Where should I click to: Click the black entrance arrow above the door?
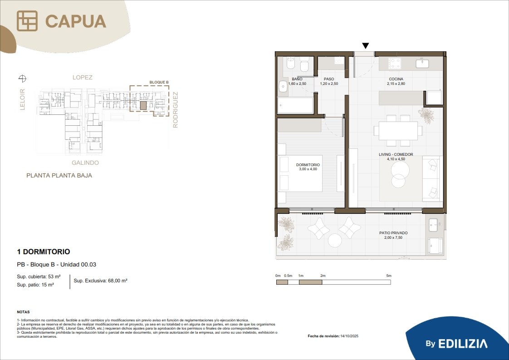coord(366,46)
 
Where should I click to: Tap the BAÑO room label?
coord(297,79)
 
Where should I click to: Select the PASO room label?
coord(329,79)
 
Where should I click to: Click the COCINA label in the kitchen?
coord(396,79)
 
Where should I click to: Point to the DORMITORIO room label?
coord(308,165)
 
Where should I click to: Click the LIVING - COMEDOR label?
coord(396,154)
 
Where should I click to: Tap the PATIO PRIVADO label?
coord(393,233)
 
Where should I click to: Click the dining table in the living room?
coord(398,131)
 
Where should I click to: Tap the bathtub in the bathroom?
coord(295,105)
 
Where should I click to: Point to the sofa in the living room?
coord(431,178)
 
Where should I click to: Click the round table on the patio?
coord(335,241)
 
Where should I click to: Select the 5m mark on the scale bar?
coord(389,276)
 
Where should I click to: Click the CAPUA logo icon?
coord(27,21)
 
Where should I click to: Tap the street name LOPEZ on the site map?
coord(83,77)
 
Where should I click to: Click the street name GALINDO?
coord(85,163)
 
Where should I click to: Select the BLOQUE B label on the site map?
coord(159,83)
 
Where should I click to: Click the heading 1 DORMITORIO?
coord(44,252)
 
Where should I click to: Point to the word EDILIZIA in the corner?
coord(463,344)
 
